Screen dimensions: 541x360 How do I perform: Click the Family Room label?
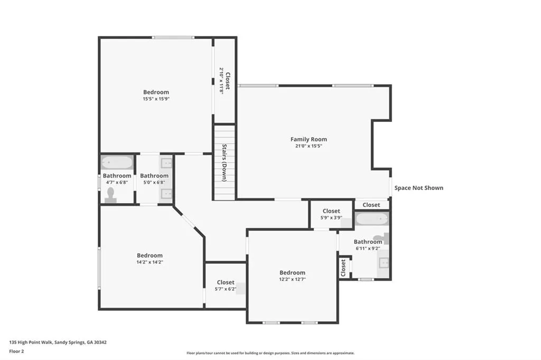pyautogui.click(x=309, y=139)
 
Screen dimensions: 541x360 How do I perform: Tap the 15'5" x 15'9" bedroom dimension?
pyautogui.click(x=156, y=99)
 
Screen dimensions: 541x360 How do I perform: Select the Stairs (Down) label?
pyautogui.click(x=224, y=163)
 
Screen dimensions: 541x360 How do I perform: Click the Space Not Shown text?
pyautogui.click(x=419, y=188)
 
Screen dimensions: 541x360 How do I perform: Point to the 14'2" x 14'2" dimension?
pyautogui.click(x=150, y=262)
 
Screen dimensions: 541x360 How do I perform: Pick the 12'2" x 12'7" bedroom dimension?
pyautogui.click(x=292, y=279)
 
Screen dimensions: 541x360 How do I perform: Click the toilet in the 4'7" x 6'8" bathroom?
pyautogui.click(x=111, y=195)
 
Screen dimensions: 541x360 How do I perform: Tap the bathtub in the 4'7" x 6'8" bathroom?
pyautogui.click(x=117, y=162)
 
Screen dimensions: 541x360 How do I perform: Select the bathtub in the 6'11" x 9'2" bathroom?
pyautogui.click(x=372, y=219)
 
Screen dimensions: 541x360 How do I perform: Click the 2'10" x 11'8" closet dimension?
pyautogui.click(x=221, y=81)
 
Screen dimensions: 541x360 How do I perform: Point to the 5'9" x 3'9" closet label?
pyautogui.click(x=331, y=211)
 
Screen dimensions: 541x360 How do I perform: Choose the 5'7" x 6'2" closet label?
pyautogui.click(x=226, y=282)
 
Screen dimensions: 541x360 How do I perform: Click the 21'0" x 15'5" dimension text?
pyautogui.click(x=309, y=146)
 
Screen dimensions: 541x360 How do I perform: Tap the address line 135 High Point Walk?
pyautogui.click(x=58, y=343)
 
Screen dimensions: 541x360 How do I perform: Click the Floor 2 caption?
pyautogui.click(x=16, y=352)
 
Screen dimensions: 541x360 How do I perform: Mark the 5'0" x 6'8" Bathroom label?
pyautogui.click(x=154, y=176)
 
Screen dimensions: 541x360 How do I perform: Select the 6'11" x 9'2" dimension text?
pyautogui.click(x=368, y=248)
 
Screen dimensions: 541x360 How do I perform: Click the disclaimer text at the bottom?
pyautogui.click(x=270, y=353)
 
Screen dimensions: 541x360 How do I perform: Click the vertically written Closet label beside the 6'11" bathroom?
pyautogui.click(x=343, y=268)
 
